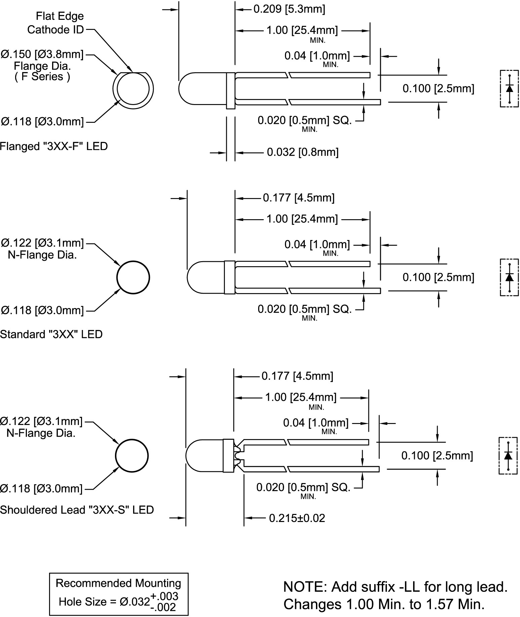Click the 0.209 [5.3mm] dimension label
pos(289,9)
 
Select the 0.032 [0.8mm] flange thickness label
pos(303,152)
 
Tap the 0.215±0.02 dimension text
pos(297,518)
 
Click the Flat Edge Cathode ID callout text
pos(56,23)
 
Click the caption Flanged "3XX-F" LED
pos(54,146)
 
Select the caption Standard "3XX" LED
pos(51,334)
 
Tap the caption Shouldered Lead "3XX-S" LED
pos(77,510)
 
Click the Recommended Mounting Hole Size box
pos(119,594)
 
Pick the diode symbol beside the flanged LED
pos(509,88)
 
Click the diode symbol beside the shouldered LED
pos(508,456)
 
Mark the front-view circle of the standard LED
pos(133,277)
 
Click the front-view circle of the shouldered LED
pos(132,456)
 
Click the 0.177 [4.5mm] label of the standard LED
pos(298,198)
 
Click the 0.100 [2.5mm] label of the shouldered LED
pos(437,456)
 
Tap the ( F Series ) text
pos(42,77)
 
